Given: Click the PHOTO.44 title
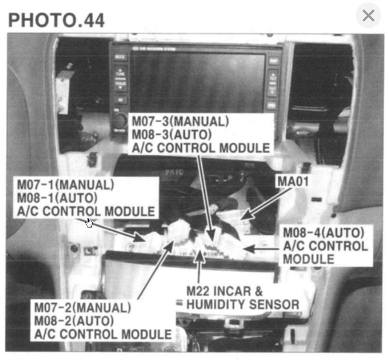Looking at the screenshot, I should (x=56, y=20).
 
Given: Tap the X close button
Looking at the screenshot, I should (x=368, y=16).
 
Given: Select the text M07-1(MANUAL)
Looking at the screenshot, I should (x=66, y=185).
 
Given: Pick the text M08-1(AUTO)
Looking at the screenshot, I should (x=57, y=198).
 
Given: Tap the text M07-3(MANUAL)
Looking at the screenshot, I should (x=180, y=121).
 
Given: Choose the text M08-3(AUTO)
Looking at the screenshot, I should (x=172, y=135).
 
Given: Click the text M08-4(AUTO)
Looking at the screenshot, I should (x=324, y=233).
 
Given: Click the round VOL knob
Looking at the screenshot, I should (x=119, y=120).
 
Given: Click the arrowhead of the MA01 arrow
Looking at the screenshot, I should (x=244, y=218).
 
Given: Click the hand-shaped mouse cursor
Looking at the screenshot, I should (x=89, y=223).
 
